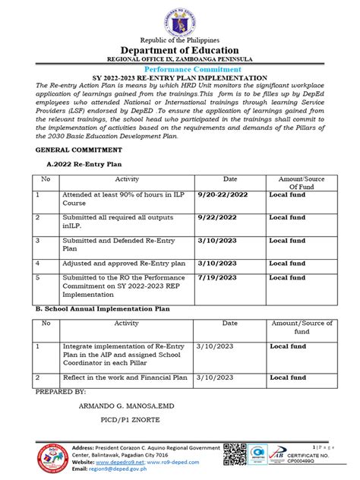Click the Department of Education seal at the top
[x=180, y=18]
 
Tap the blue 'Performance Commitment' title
[x=180, y=68]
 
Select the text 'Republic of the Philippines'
[x=180, y=39]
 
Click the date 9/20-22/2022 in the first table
[x=223, y=194]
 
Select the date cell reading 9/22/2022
[x=217, y=216]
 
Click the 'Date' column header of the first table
[x=230, y=178]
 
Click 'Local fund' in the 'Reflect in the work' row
[x=288, y=377]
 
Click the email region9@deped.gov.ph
[x=114, y=470]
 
